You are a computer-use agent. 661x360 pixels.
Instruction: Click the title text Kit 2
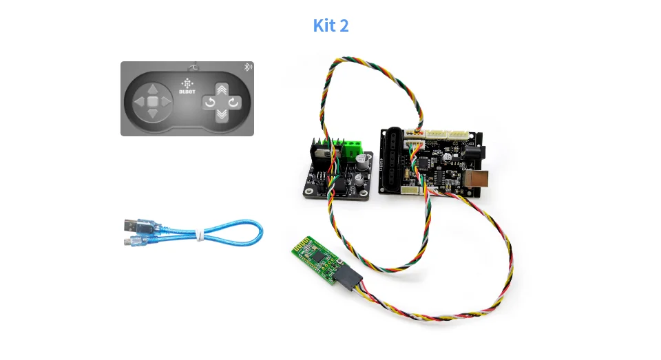[330, 26]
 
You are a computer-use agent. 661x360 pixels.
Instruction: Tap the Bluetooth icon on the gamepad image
[249, 67]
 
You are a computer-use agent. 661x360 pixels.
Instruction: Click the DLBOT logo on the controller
[187, 86]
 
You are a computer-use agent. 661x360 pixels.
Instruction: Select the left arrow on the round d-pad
[140, 103]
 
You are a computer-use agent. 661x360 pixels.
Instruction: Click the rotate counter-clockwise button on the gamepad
[208, 103]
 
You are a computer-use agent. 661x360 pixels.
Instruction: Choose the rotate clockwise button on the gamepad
[235, 103]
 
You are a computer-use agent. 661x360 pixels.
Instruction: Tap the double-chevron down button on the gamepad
[221, 114]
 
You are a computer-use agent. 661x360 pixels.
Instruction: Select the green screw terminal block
[355, 148]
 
